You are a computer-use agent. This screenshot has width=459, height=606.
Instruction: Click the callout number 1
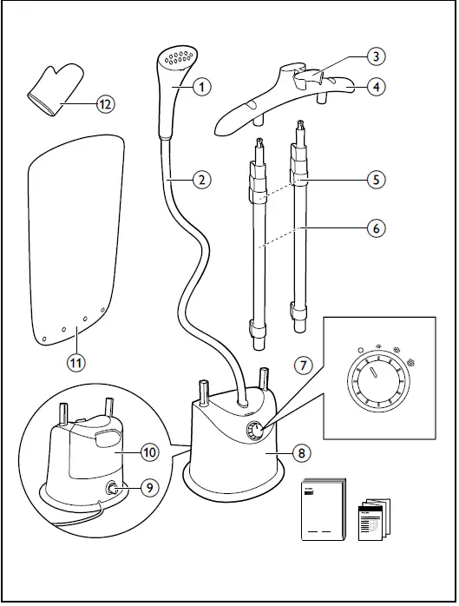(x=201, y=86)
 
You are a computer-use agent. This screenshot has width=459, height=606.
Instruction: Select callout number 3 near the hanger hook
(x=376, y=56)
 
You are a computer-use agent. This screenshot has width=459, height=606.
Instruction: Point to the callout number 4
(x=376, y=86)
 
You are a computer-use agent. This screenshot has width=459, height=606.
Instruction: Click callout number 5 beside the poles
(x=376, y=180)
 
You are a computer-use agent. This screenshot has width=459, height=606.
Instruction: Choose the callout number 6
(x=376, y=229)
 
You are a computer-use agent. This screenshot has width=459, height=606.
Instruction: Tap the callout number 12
(x=104, y=104)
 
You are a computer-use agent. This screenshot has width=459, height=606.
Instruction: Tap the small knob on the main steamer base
(x=256, y=430)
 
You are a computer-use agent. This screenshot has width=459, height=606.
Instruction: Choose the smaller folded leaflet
(x=374, y=517)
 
